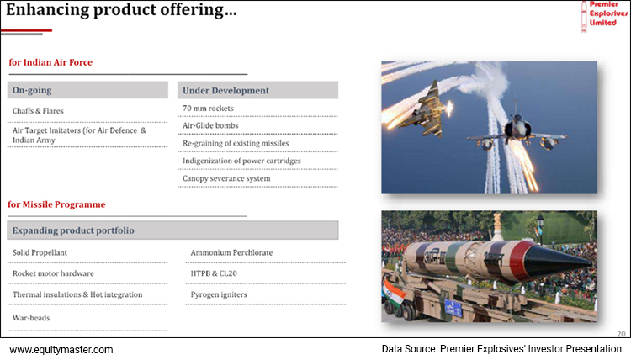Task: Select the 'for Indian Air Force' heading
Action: tap(50, 63)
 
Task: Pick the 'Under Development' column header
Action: tap(225, 90)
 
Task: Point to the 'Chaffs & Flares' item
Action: tap(38, 110)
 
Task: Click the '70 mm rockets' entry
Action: tap(209, 109)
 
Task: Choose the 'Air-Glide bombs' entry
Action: tap(210, 125)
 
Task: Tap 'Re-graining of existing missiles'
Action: tap(235, 143)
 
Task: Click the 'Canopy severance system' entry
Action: tap(226, 178)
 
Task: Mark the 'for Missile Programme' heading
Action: tap(56, 204)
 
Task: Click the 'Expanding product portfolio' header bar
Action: tap(72, 230)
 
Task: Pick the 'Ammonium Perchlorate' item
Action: tap(231, 252)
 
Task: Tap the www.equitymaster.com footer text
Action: tap(61, 349)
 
